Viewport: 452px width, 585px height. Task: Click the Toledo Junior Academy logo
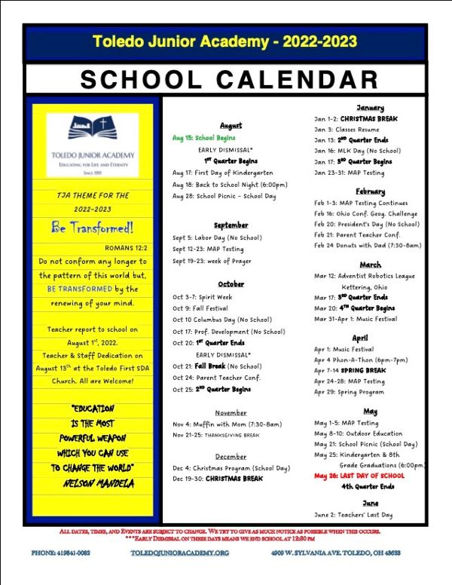pyautogui.click(x=92, y=140)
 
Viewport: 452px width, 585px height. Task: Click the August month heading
pyautogui.click(x=231, y=125)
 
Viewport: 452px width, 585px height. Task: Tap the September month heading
pyautogui.click(x=231, y=225)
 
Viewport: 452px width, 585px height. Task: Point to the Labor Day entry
pyautogui.click(x=217, y=237)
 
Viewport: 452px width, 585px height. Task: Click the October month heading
pyautogui.click(x=231, y=283)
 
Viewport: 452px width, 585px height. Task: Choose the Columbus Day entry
pyautogui.click(x=222, y=320)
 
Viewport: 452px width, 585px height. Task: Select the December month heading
pyautogui.click(x=231, y=456)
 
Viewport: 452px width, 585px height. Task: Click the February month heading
pyautogui.click(x=370, y=191)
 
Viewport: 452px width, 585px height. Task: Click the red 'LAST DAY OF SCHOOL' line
pyautogui.click(x=359, y=476)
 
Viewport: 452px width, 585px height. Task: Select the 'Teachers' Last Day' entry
pyautogui.click(x=353, y=515)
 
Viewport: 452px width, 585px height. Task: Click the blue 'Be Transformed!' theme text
pyautogui.click(x=92, y=227)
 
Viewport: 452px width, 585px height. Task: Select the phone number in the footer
pyautogui.click(x=61, y=553)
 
